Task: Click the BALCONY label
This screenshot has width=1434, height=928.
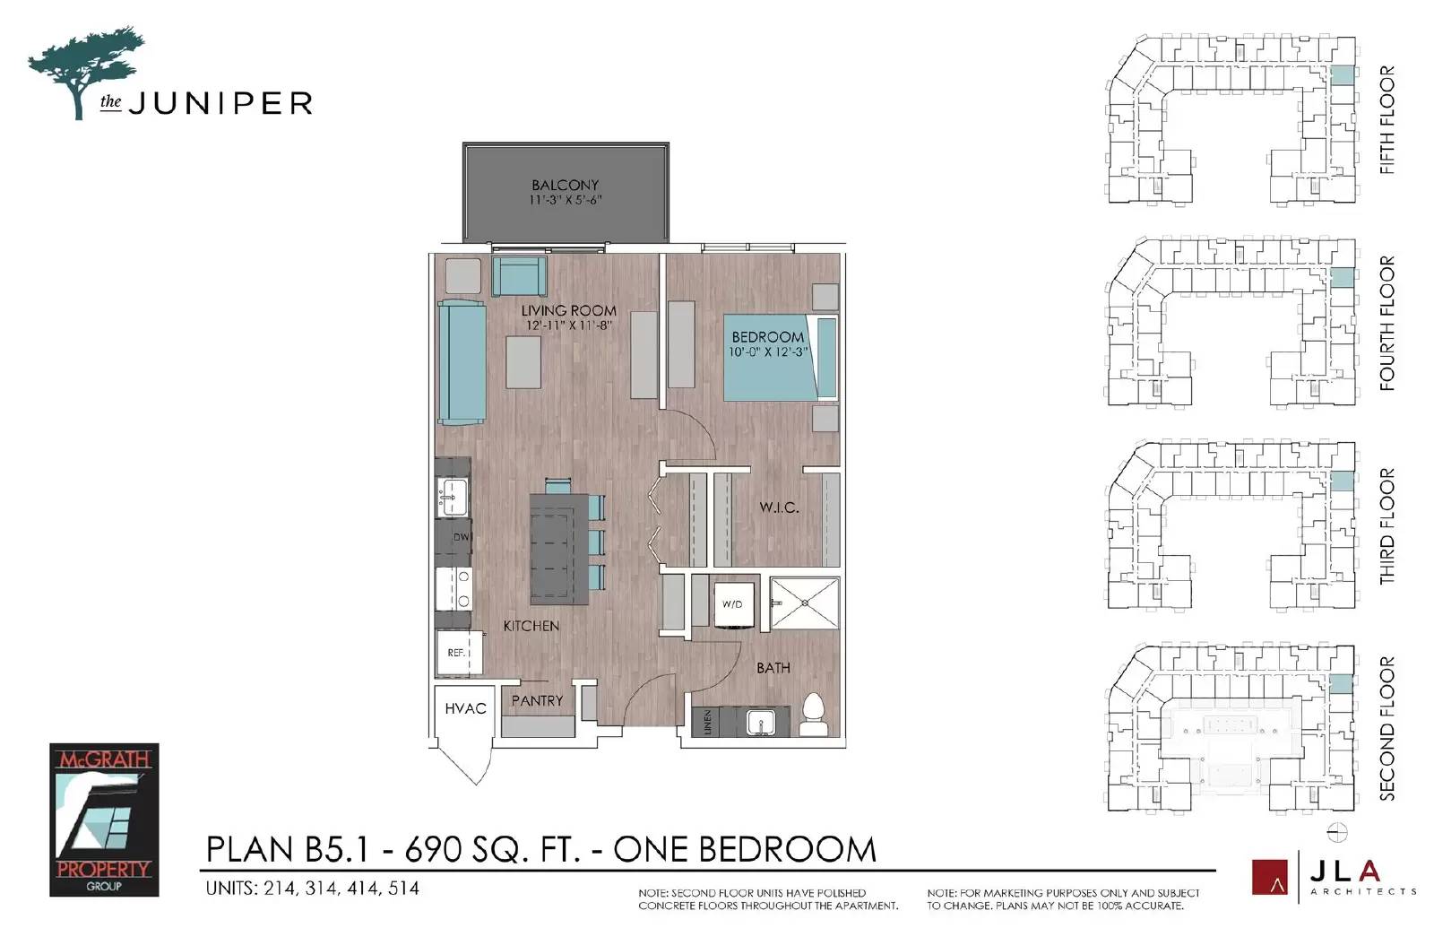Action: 565,185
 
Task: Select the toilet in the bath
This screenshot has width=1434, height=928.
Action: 814,715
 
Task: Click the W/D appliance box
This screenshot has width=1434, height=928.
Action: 732,603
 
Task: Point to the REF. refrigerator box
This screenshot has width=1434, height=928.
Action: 458,653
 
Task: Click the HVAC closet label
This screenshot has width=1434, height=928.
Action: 465,708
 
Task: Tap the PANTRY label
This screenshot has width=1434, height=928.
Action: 537,700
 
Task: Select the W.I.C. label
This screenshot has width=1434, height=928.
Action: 779,507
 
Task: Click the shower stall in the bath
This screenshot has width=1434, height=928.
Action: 805,603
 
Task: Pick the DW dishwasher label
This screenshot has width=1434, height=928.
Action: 461,537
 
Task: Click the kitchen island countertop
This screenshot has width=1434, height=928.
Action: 558,549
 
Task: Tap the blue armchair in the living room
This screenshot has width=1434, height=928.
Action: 519,276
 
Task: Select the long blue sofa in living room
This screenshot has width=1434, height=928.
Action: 462,362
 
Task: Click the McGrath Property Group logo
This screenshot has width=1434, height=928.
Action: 104,820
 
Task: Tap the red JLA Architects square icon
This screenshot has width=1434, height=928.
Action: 1269,877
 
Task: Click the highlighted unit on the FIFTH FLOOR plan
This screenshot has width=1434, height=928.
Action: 1341,75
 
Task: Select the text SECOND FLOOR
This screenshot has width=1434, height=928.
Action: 1386,728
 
